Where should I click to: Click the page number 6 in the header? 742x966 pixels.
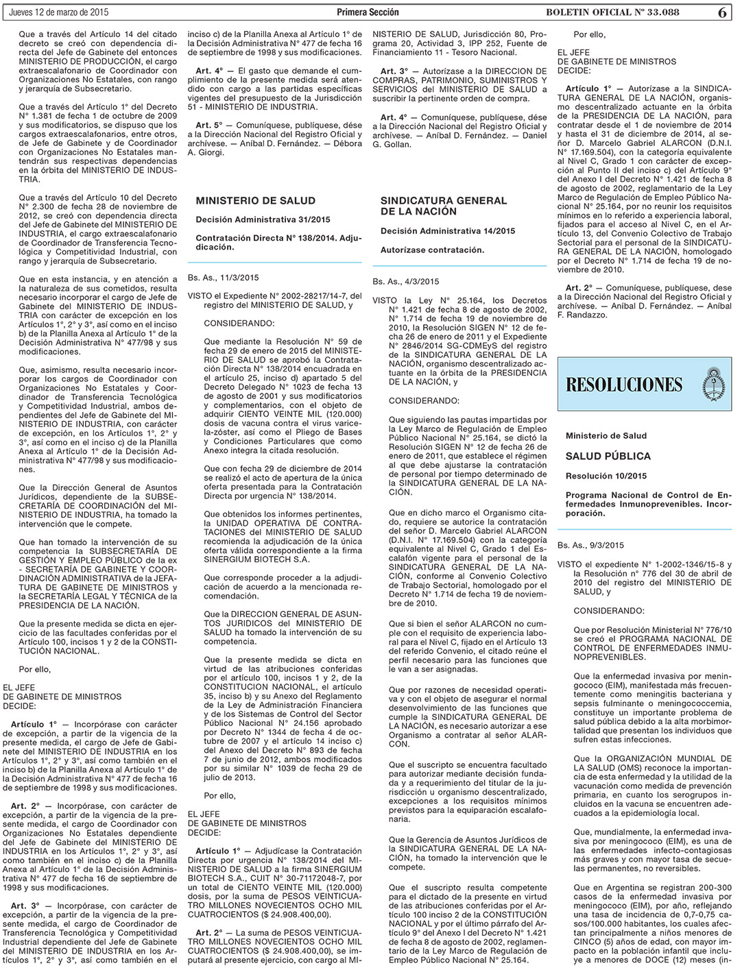tap(723, 12)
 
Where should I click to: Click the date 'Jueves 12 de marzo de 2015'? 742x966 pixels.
tap(58, 12)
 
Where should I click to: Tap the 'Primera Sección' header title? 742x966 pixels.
tap(368, 12)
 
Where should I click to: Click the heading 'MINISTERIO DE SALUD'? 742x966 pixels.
tap(255, 201)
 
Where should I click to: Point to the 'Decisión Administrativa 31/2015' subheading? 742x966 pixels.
tap(263, 219)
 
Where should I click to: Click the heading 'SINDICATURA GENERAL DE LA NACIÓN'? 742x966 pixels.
tap(443, 206)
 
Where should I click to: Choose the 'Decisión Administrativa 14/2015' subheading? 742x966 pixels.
tap(447, 231)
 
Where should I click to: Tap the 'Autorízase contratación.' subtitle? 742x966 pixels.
tap(432, 250)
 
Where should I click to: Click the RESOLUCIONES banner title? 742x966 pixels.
tap(624, 384)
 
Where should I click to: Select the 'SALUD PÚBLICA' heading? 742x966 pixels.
tap(608, 456)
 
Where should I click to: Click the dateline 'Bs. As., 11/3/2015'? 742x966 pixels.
tap(223, 278)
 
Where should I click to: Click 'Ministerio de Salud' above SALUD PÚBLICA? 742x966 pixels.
tap(606, 435)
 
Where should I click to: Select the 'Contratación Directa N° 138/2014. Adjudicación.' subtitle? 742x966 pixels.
tap(277, 242)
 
